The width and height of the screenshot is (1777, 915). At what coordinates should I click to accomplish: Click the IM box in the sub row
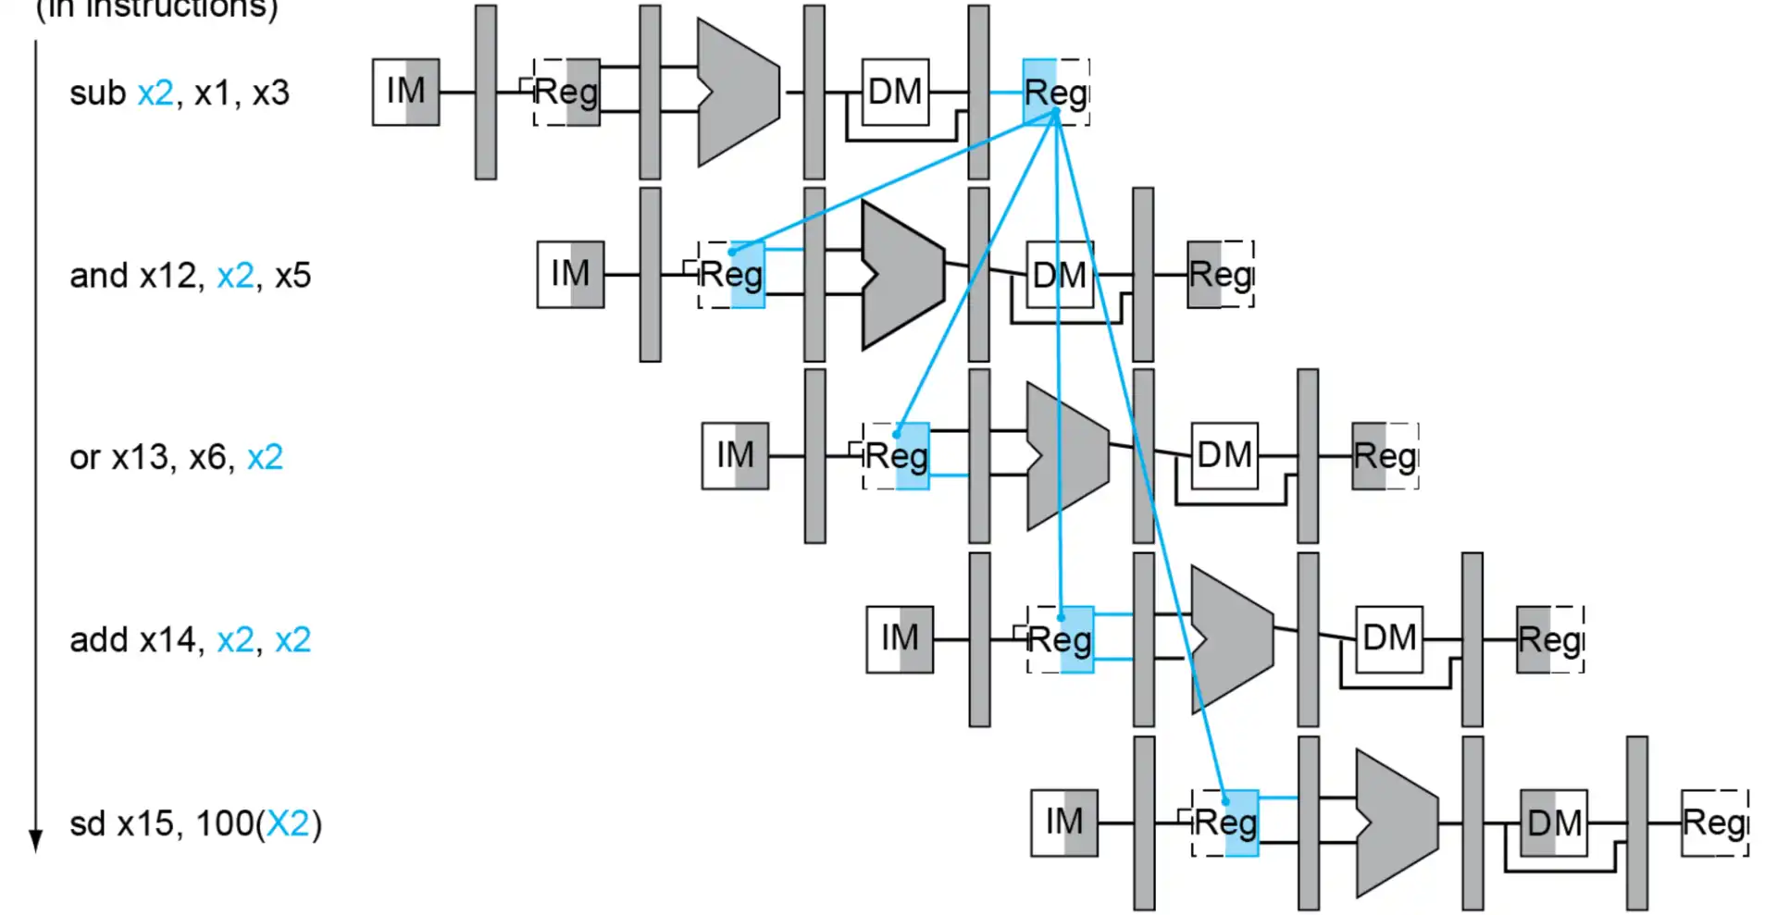(405, 92)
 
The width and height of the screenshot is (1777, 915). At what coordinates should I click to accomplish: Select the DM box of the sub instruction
(895, 92)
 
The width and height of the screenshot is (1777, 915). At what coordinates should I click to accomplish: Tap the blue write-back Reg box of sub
(1055, 92)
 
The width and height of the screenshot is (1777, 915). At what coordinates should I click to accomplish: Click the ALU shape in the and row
(901, 275)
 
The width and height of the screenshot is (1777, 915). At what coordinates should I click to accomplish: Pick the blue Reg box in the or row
(896, 456)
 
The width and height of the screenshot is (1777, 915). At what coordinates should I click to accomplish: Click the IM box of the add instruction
(900, 638)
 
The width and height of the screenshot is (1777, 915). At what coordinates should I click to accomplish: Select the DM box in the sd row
(1554, 822)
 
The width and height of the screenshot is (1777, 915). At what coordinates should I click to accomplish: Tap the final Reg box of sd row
(1714, 822)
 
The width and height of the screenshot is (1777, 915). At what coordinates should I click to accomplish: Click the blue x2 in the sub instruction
(155, 93)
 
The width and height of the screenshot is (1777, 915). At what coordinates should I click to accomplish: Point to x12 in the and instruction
(168, 276)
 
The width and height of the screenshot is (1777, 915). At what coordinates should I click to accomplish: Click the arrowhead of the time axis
(36, 840)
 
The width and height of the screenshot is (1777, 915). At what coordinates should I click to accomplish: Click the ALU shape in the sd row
(1396, 822)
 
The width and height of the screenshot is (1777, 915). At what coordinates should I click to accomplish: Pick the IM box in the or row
(735, 456)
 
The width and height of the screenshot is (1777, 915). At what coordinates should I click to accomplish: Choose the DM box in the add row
(1388, 638)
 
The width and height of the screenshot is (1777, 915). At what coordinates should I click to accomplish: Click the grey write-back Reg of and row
(1220, 275)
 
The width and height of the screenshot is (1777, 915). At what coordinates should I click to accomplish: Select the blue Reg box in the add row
(1061, 638)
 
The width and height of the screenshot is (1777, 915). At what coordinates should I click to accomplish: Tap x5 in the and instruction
(292, 276)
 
